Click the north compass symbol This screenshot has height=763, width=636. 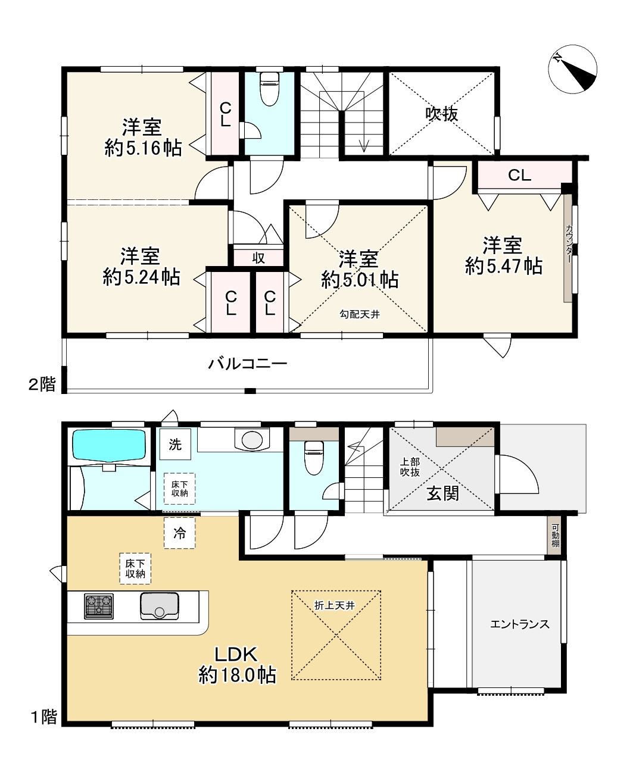point(572,69)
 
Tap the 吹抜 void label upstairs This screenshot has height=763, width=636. point(441,114)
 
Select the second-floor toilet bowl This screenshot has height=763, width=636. point(270,89)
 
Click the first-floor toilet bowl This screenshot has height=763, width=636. point(314,458)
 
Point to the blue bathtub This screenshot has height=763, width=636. point(110,444)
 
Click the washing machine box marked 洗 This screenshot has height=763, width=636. point(175,445)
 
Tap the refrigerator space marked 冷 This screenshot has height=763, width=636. point(179,533)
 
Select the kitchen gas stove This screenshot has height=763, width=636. point(99,606)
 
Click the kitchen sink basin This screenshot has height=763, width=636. point(160,606)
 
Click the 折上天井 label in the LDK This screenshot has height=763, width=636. point(334,606)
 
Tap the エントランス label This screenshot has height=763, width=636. point(519,624)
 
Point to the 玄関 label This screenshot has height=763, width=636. point(442,494)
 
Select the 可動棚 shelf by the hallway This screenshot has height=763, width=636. point(556,536)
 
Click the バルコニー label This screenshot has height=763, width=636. point(248,364)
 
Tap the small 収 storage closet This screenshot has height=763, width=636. point(258,258)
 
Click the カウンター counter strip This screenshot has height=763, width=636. point(568,248)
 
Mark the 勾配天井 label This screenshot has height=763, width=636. point(360,314)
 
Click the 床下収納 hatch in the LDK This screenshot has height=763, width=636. point(135,568)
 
